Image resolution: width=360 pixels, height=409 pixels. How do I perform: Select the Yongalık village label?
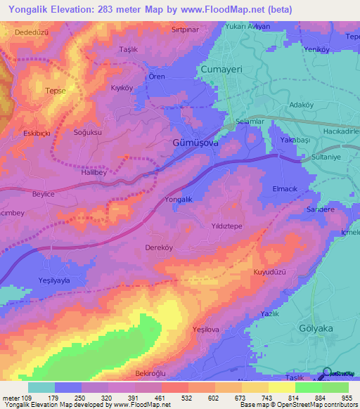(x=178, y=200)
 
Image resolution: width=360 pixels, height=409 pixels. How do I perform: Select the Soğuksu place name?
(x=88, y=132)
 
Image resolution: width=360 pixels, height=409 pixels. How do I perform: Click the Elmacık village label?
(x=287, y=190)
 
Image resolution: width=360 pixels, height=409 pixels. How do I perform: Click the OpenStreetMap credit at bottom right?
(x=328, y=405)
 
